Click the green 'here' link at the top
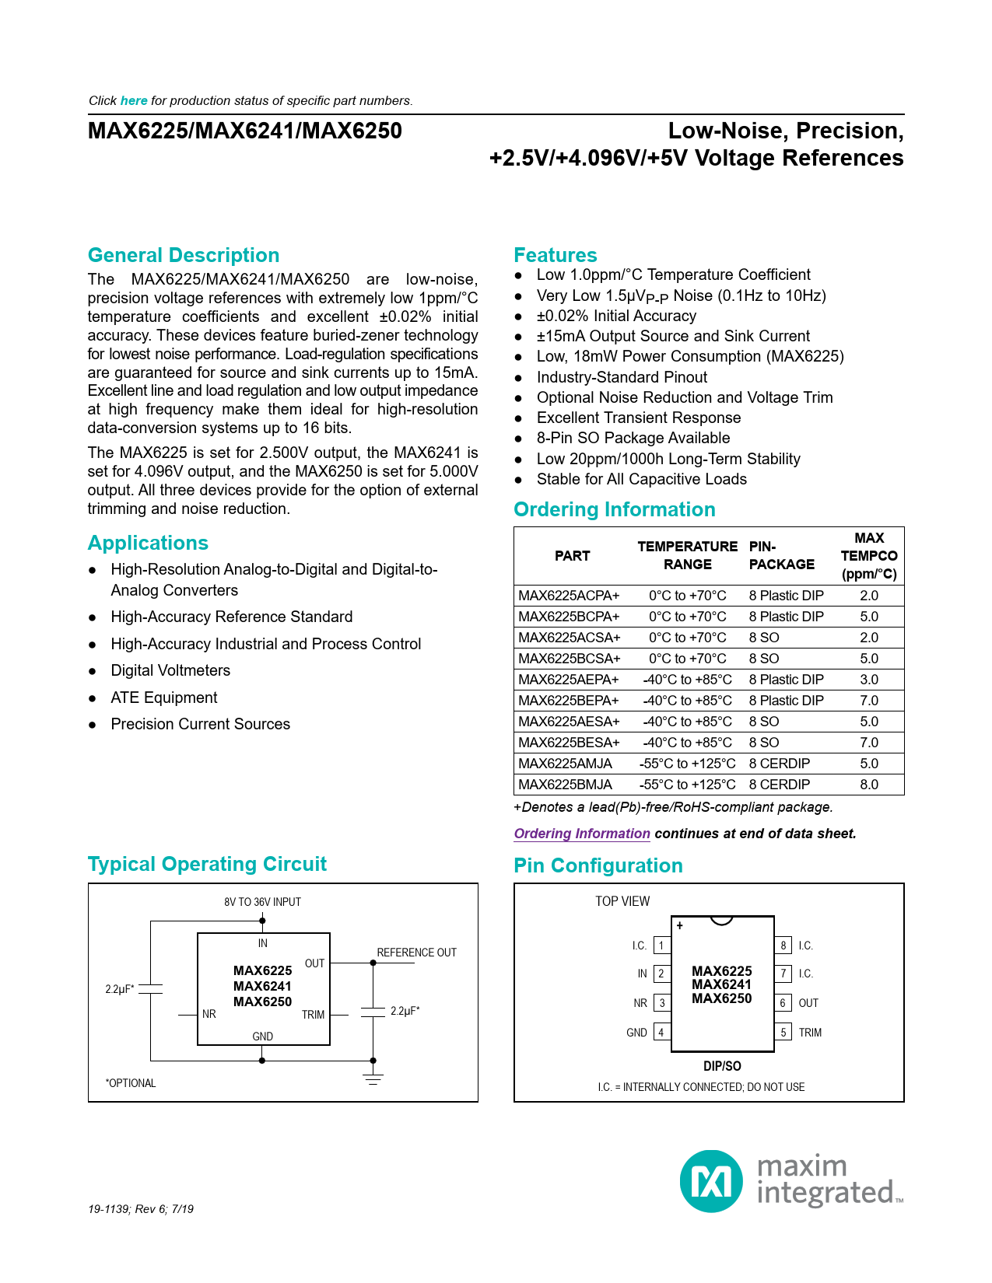click(x=134, y=100)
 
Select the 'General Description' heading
click(x=184, y=255)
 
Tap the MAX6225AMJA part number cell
click(x=566, y=764)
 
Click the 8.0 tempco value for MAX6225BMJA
click(x=869, y=785)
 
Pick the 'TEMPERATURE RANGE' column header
click(x=687, y=555)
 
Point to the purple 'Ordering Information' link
click(x=582, y=834)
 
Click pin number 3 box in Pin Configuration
click(x=662, y=1003)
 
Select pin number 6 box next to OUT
click(x=783, y=1003)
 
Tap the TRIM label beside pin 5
click(x=810, y=1033)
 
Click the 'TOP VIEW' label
click(x=622, y=901)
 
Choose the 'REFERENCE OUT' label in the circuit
click(x=416, y=953)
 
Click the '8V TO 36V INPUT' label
click(x=262, y=902)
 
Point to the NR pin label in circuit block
click(x=209, y=1014)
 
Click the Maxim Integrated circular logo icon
click(x=711, y=1181)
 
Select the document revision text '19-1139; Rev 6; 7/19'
click(x=141, y=1209)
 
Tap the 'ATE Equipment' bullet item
click(x=164, y=697)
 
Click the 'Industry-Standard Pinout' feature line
click(x=622, y=377)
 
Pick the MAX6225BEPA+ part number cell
click(x=569, y=701)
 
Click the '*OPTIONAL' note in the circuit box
click(x=131, y=1083)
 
